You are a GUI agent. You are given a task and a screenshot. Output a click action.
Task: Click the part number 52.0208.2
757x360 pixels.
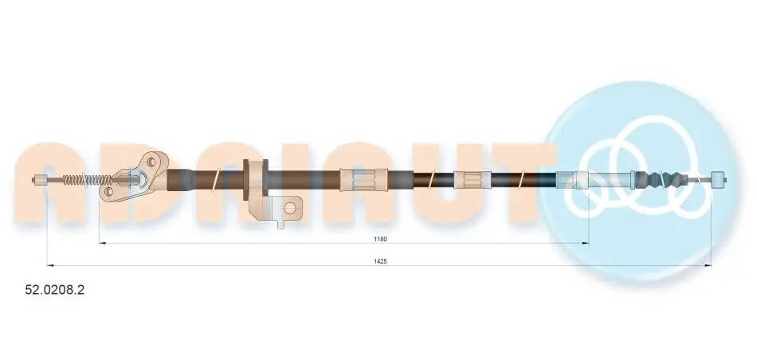54,290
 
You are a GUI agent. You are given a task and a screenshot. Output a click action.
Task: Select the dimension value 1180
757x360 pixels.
381,239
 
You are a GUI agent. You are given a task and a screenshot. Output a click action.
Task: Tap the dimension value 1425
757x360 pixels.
381,261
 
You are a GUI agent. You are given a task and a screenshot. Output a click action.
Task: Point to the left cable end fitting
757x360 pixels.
39,181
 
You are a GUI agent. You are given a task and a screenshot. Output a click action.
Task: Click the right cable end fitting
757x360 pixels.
719,179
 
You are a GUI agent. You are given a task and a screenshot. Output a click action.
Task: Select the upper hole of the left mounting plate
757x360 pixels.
152,161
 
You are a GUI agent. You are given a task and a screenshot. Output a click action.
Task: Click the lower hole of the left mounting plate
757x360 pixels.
108,193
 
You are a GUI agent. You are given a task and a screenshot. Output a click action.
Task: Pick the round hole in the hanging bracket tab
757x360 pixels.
290,208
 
